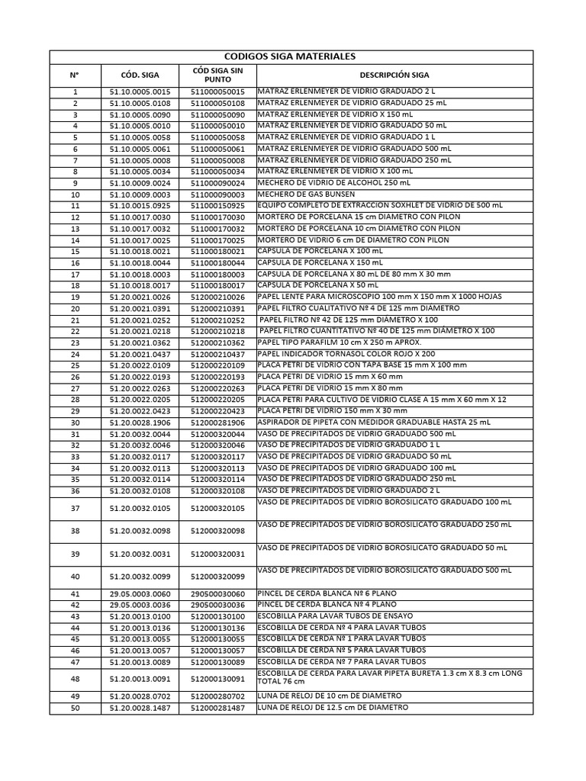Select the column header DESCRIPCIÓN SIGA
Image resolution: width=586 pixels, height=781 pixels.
[x=394, y=75]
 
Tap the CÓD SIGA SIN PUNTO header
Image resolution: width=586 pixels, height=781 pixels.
[x=218, y=75]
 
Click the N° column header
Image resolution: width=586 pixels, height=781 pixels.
[x=75, y=75]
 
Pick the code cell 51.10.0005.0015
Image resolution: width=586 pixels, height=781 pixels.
[x=140, y=92]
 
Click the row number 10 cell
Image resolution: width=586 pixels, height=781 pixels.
[x=75, y=195]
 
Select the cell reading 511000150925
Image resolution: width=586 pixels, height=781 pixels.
[x=218, y=207]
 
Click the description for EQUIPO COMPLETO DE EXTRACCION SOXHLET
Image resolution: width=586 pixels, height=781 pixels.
[x=380, y=206]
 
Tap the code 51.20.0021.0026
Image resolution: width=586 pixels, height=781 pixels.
[x=140, y=297]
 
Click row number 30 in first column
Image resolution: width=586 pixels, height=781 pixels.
[x=75, y=423]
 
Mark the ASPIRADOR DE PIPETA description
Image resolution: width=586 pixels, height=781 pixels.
[x=374, y=422]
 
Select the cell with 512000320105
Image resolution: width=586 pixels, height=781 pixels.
[x=218, y=509]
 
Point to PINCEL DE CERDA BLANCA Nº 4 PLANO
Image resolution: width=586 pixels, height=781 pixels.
[x=327, y=604]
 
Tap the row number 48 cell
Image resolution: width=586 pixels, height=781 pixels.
[x=75, y=679]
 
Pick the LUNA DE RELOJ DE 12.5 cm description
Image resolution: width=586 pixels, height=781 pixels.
[x=333, y=707]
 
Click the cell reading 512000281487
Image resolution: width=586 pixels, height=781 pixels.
[x=218, y=709]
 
